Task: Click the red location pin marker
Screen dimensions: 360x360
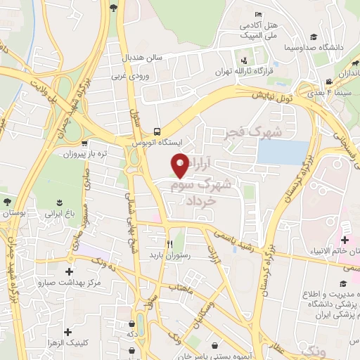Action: point(180,164)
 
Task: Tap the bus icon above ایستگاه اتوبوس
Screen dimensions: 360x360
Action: point(157,131)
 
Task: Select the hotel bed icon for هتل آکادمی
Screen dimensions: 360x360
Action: point(258,15)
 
